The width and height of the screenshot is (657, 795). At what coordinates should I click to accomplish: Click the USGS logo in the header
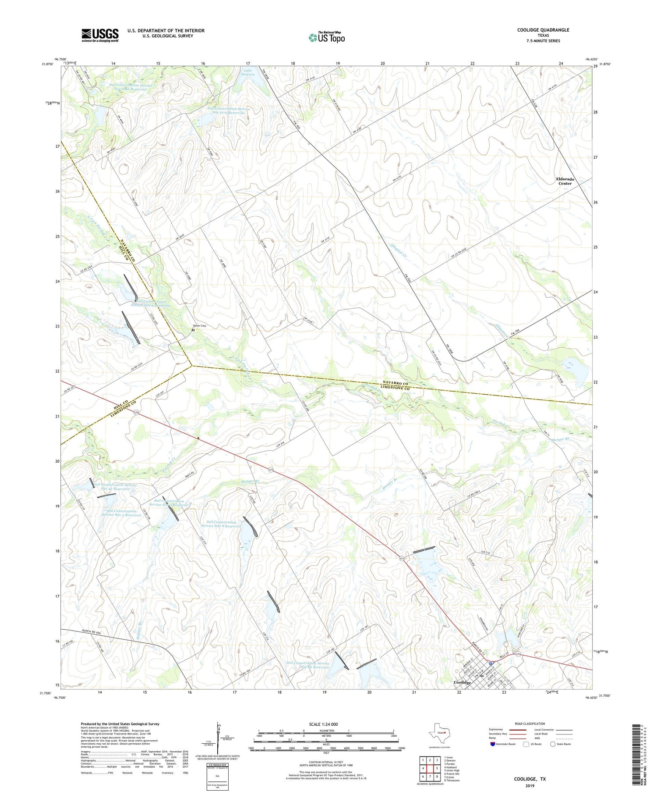pyautogui.click(x=100, y=35)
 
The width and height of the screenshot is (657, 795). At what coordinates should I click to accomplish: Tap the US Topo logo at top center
pyautogui.click(x=327, y=37)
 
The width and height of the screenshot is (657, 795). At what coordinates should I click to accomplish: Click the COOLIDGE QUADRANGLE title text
pyautogui.click(x=543, y=30)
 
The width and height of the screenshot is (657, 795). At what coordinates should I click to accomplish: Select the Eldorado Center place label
pyautogui.click(x=565, y=181)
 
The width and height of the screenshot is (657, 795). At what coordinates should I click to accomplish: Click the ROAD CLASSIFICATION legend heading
pyautogui.click(x=530, y=724)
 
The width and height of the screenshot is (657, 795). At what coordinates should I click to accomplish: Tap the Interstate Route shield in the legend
pyautogui.click(x=493, y=744)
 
